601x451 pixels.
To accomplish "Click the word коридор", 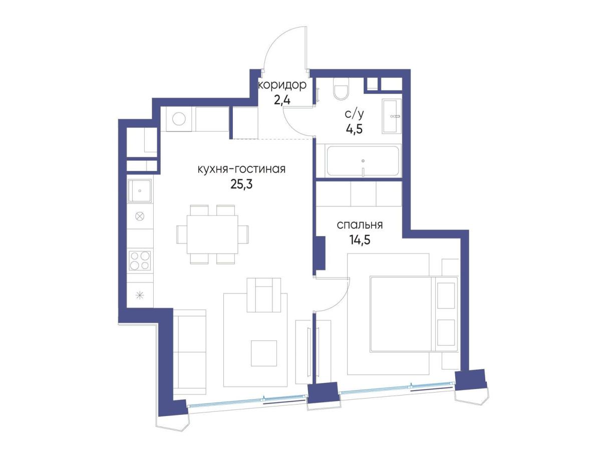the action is [x=282, y=85].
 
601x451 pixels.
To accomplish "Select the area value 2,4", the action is [x=282, y=100].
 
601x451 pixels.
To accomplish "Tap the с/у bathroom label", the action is [x=354, y=114].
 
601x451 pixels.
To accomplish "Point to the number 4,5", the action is [x=354, y=129].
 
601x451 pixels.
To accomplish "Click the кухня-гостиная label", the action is [x=241, y=169].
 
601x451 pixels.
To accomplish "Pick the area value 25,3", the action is [x=241, y=184].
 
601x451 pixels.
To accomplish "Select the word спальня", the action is [x=360, y=225].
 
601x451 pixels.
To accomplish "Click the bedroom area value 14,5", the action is [x=360, y=239].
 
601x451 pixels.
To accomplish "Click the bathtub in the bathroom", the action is [x=363, y=160].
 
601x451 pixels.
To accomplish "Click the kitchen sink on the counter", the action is [x=140, y=191].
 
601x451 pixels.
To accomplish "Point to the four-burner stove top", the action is [x=140, y=260].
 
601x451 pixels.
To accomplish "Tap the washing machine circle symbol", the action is [x=179, y=119].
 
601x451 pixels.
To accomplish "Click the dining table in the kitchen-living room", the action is [x=212, y=234].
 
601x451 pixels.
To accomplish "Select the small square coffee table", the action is [x=264, y=353].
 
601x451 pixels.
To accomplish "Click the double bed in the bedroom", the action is [x=414, y=314].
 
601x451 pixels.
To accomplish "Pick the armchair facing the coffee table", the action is [x=263, y=295].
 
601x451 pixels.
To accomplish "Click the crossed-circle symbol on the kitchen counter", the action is [x=140, y=216].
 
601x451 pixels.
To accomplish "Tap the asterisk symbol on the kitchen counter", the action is [x=140, y=295].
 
